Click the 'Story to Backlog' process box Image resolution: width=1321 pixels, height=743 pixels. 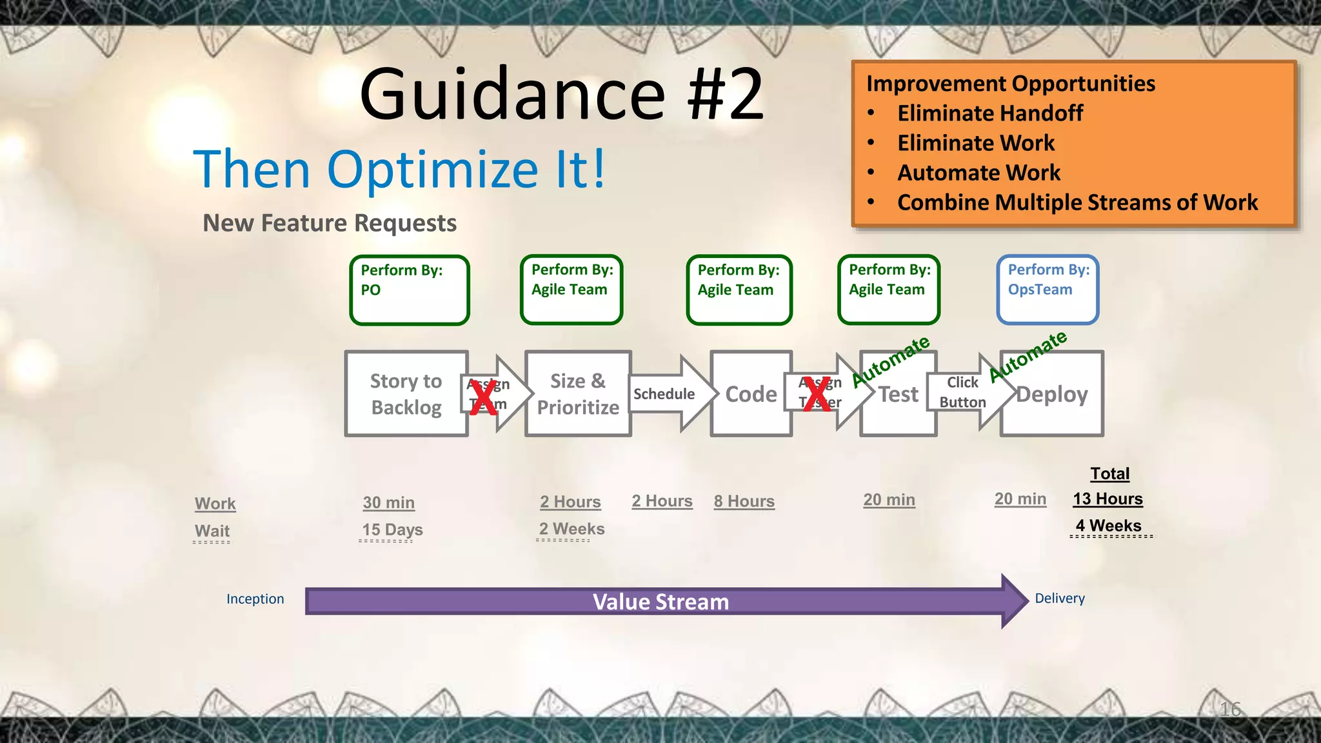[x=406, y=393]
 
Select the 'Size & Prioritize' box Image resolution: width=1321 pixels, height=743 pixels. [x=577, y=393]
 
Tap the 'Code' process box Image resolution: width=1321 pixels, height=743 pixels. [x=751, y=393]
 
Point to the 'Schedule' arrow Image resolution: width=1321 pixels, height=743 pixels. [x=664, y=393]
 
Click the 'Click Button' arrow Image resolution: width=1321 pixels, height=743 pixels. [x=962, y=392]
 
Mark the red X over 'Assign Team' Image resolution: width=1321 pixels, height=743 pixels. [x=483, y=397]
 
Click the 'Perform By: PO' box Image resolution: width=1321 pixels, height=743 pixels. [x=409, y=290]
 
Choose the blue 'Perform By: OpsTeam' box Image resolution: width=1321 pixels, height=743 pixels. [x=1048, y=289]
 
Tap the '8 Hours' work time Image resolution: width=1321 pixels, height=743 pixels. [x=744, y=501]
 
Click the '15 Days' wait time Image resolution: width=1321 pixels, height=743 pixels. [x=392, y=530]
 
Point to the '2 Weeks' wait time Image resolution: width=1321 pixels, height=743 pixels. [x=571, y=529]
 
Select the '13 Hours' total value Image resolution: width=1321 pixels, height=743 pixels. [x=1107, y=499]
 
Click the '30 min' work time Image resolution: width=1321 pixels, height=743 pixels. [x=388, y=502]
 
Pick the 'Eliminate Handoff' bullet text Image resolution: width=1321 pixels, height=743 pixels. [x=990, y=114]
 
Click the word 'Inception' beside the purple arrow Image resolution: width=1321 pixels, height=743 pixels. [x=255, y=599]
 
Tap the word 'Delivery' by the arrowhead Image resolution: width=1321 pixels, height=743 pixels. [x=1060, y=599]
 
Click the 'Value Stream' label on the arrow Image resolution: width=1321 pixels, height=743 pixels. [x=660, y=602]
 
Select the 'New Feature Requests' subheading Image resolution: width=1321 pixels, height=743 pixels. [x=330, y=223]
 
